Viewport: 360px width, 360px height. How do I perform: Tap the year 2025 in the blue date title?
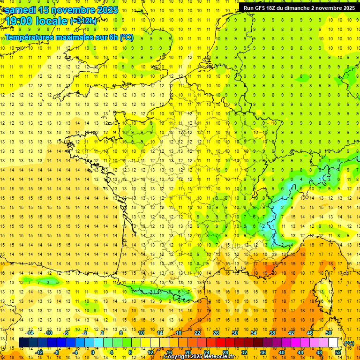(x=106, y=10)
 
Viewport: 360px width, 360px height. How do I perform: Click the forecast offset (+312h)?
(x=83, y=21)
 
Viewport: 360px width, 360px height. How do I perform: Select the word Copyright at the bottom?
(x=178, y=357)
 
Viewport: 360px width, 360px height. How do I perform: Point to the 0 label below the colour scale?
(x=93, y=352)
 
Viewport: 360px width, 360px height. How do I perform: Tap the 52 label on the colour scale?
(x=338, y=352)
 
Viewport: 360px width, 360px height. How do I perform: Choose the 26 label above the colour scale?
(x=216, y=333)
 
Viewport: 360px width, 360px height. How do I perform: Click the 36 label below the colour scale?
(x=263, y=352)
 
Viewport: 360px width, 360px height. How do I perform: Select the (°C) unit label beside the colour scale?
(x=349, y=343)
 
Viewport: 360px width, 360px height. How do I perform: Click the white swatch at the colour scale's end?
(x=333, y=343)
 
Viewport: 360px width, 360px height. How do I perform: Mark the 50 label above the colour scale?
(x=328, y=333)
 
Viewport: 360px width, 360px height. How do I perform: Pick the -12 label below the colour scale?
(x=39, y=352)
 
